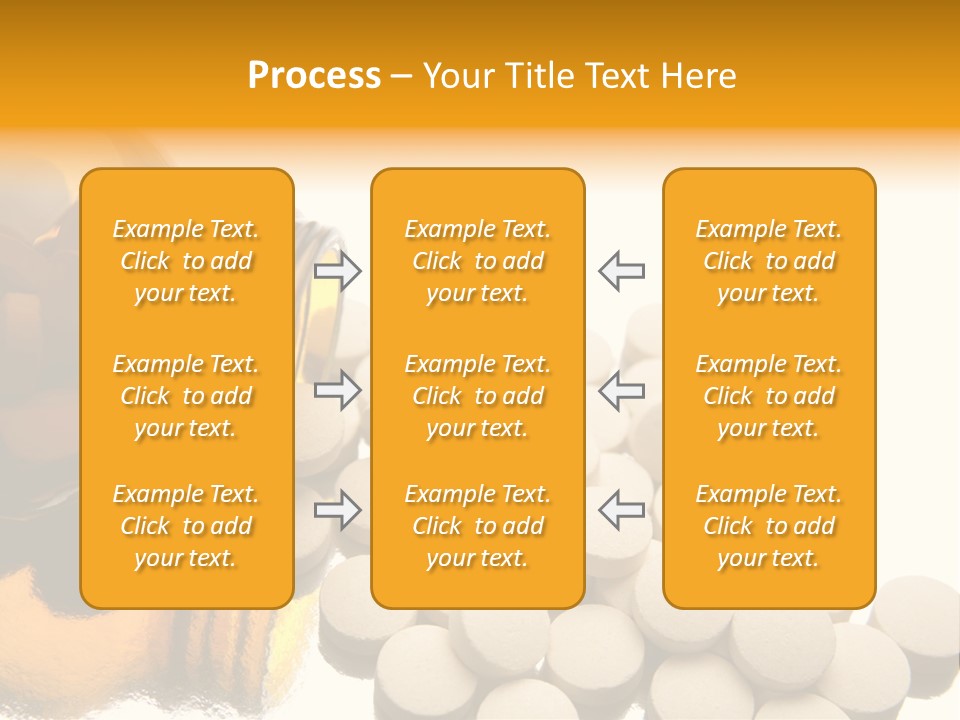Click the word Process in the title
pos(314,76)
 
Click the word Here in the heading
pos(698,76)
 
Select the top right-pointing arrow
pos(338,270)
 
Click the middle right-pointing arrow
pos(338,389)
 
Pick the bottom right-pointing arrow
pos(338,510)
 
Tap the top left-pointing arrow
pos(622,270)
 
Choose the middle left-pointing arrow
pos(622,389)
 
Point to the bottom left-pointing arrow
pos(622,510)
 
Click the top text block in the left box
pos(186,261)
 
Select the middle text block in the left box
pos(186,396)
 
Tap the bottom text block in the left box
pos(186,526)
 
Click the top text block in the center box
pos(478,261)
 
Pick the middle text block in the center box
pos(478,396)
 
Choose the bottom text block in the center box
pos(478,526)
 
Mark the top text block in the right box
pos(769,261)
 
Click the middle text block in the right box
pos(769,396)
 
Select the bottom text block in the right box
pos(769,526)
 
